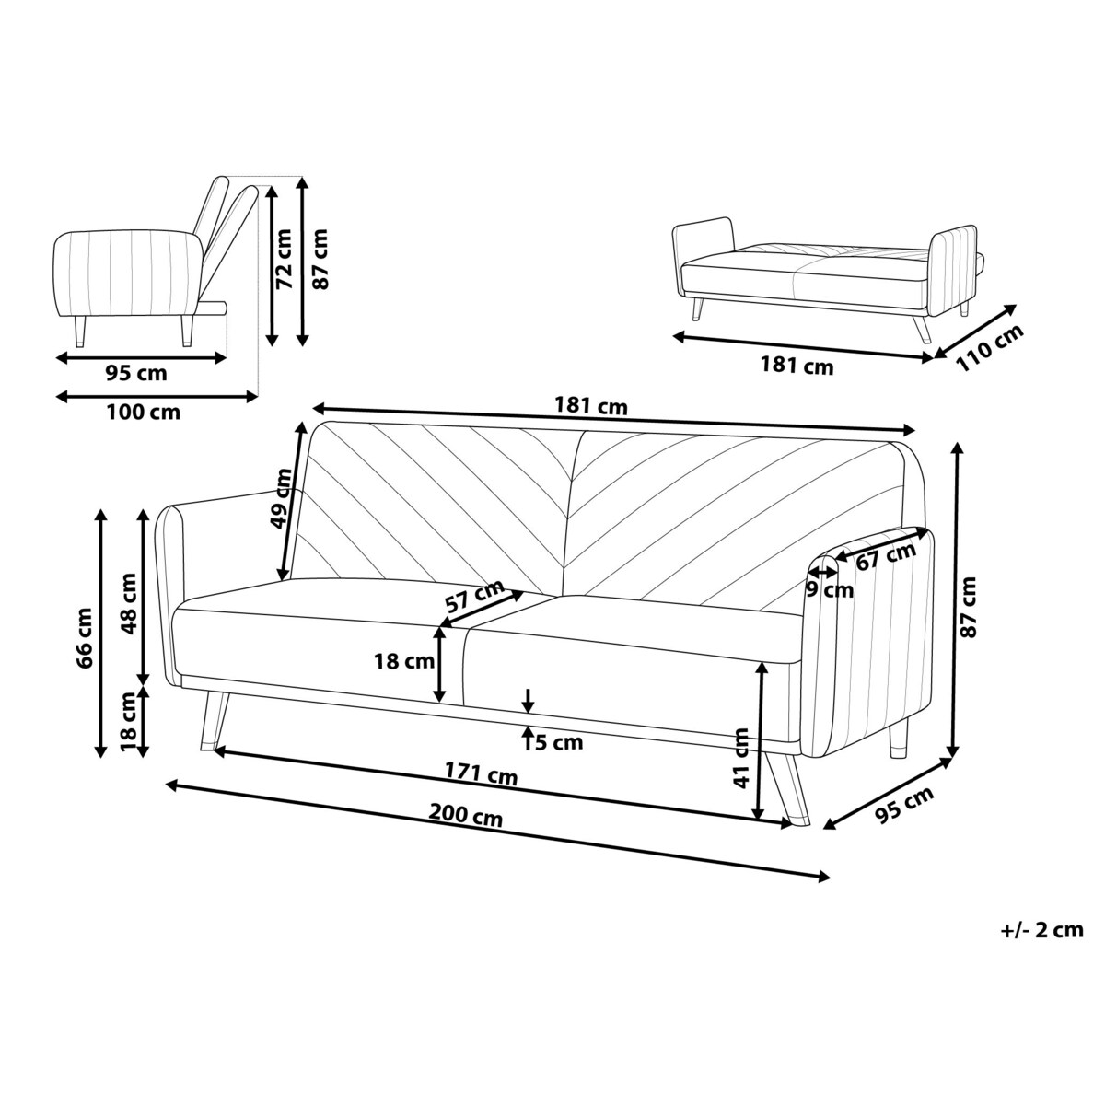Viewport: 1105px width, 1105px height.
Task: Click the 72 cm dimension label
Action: pyautogui.click(x=285, y=259)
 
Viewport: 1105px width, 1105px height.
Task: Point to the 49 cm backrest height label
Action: pyautogui.click(x=282, y=498)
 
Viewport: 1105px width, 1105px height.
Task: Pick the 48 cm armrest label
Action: pyautogui.click(x=128, y=603)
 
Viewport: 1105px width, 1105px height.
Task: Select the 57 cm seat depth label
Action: pyautogui.click(x=474, y=598)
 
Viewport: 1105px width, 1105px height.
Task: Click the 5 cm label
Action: pyautogui.click(x=559, y=742)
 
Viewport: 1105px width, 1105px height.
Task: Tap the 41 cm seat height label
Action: pyautogui.click(x=743, y=757)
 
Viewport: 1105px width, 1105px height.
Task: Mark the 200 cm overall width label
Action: pyautogui.click(x=465, y=815)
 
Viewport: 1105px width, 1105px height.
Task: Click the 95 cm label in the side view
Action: pyautogui.click(x=137, y=373)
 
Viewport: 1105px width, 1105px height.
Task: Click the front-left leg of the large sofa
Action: pyautogui.click(x=214, y=718)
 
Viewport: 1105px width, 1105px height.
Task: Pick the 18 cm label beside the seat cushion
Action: pyautogui.click(x=403, y=660)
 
